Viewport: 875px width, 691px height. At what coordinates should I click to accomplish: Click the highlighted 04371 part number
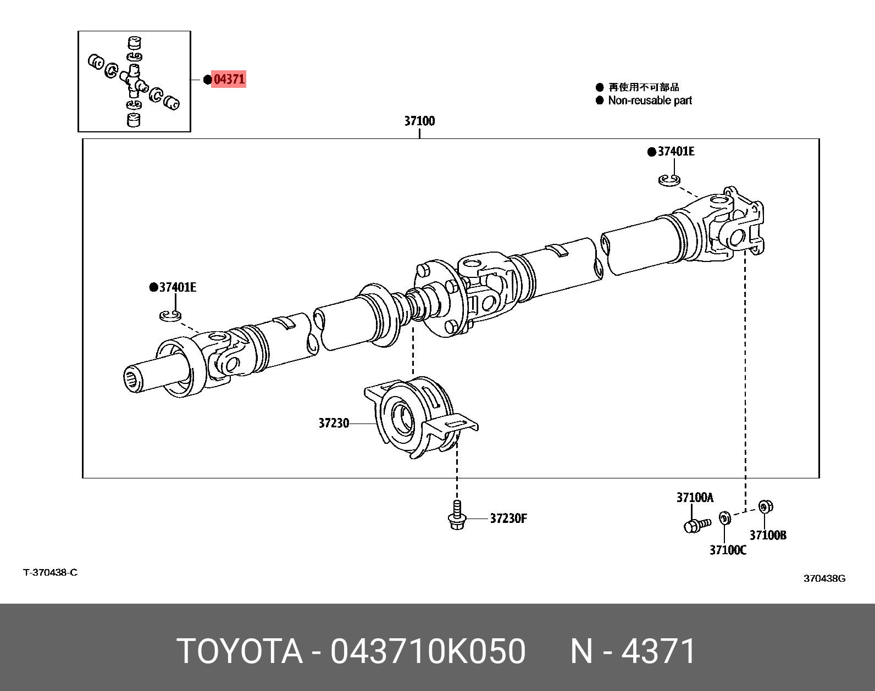[229, 79]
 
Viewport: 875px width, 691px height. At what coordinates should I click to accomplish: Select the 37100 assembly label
[419, 121]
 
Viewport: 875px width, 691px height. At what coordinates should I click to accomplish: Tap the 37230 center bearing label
[334, 423]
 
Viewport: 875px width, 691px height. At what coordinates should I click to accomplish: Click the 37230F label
[508, 518]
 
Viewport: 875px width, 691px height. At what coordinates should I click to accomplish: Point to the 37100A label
[695, 498]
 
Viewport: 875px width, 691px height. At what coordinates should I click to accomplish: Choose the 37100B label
[768, 534]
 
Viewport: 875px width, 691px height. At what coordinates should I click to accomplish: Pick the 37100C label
[728, 549]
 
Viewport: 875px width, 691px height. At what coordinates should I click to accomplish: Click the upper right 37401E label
[675, 151]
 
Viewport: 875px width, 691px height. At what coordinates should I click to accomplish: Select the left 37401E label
[178, 287]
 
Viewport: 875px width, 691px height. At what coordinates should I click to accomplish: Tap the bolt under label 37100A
[696, 525]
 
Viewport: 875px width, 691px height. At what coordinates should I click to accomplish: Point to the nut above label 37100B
[763, 506]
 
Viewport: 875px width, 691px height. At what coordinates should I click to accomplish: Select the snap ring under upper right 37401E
[669, 179]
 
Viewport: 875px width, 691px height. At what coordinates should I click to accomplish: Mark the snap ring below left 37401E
[170, 315]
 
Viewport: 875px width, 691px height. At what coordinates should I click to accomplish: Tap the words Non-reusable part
[650, 101]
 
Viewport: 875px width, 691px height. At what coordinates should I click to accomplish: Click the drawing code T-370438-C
[50, 572]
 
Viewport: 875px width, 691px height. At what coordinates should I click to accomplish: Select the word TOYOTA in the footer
[240, 651]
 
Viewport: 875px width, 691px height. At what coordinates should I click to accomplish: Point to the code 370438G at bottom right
[824, 578]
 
